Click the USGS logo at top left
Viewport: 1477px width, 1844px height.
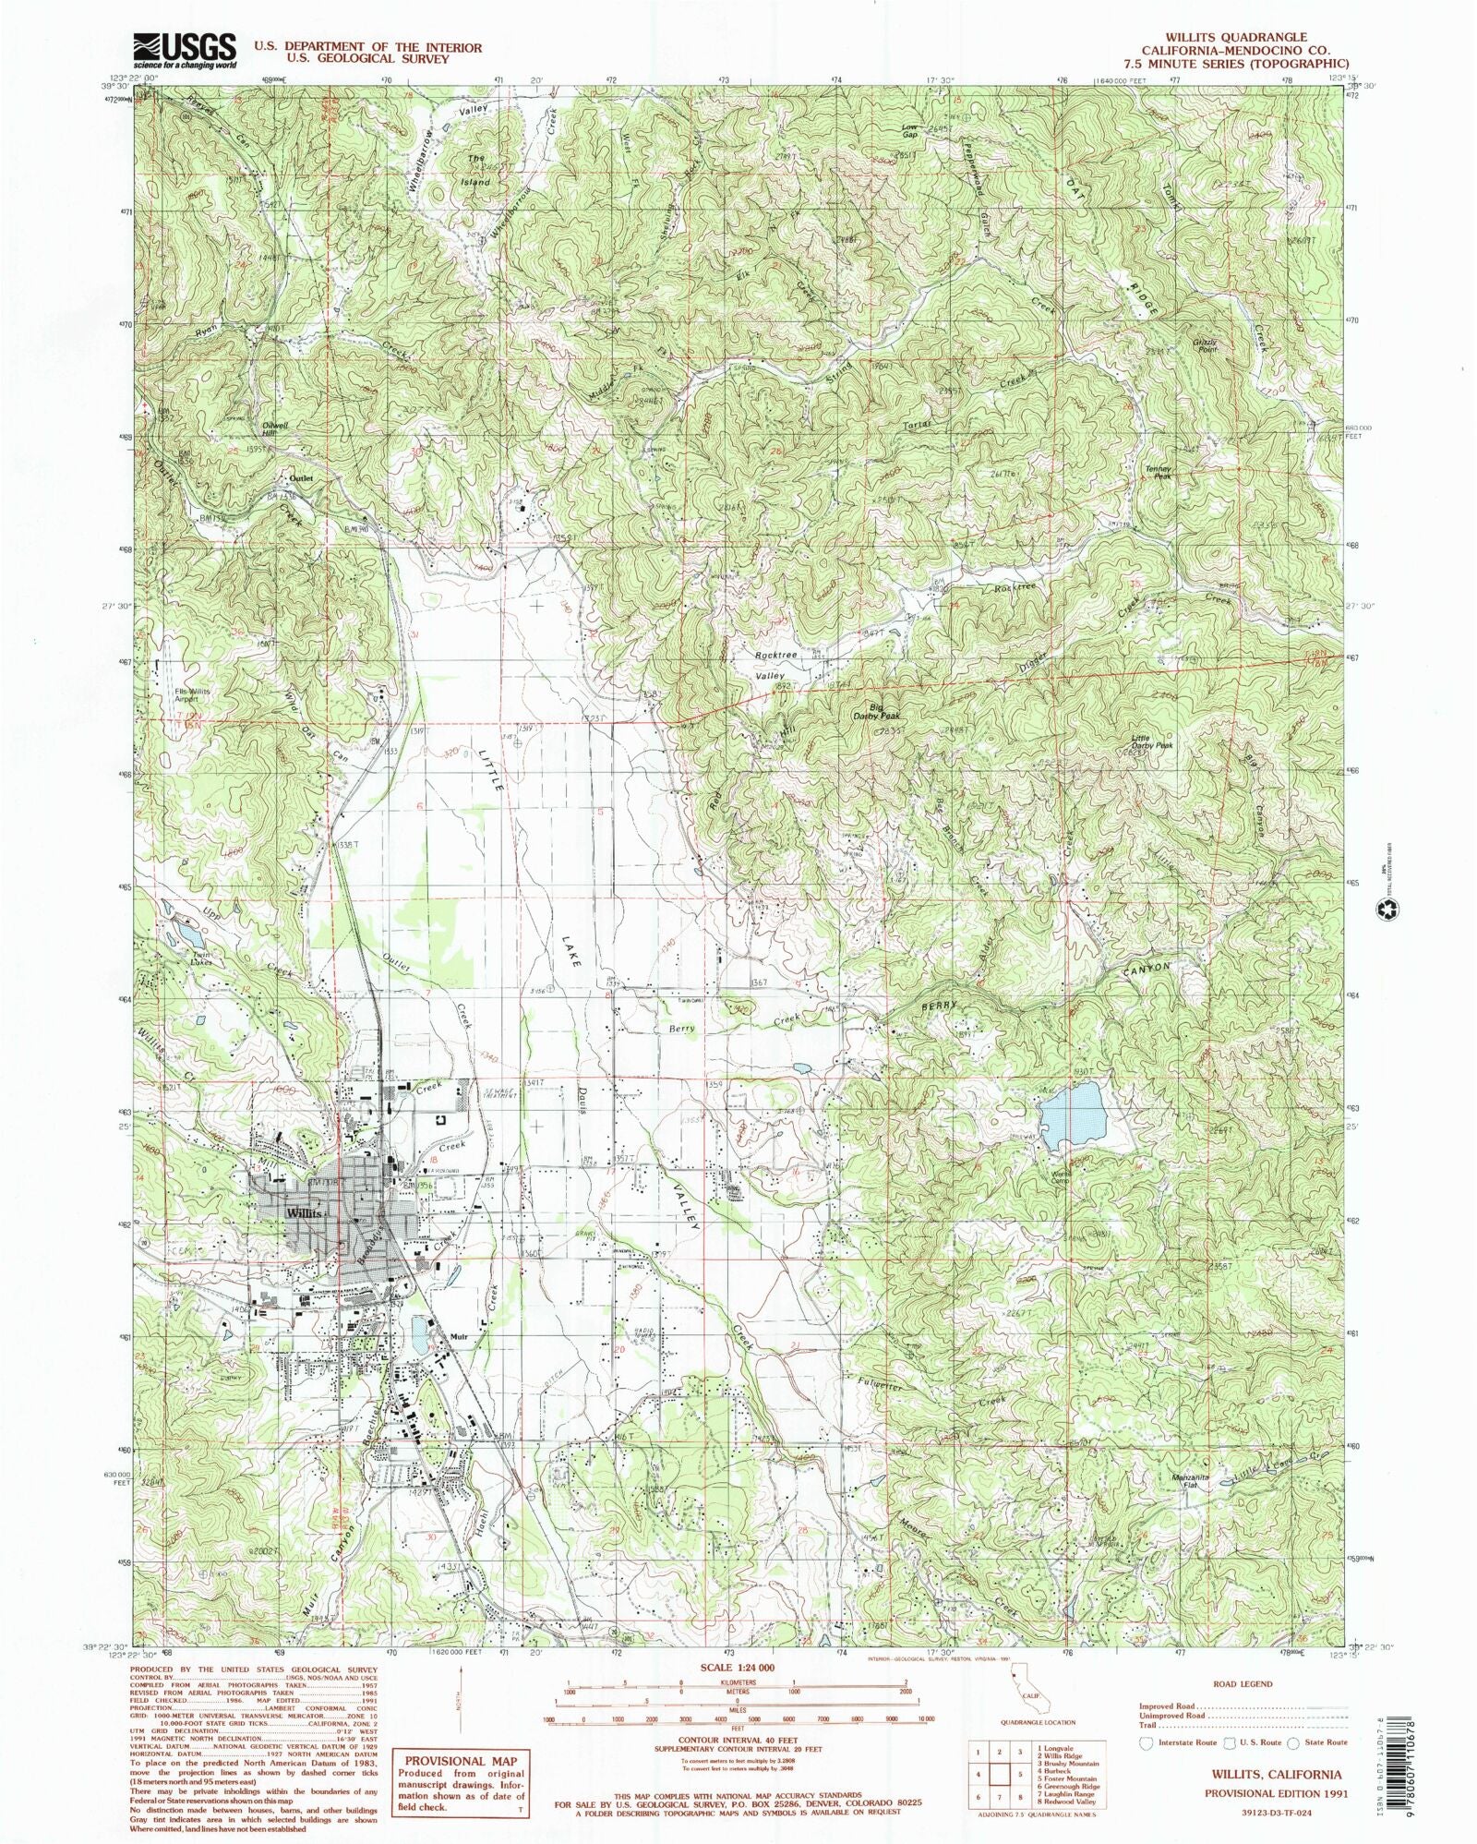click(185, 52)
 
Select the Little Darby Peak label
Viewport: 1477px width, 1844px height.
click(1152, 741)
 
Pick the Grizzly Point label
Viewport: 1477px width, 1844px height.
click(1207, 346)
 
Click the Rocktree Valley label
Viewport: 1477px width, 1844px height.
click(775, 665)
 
